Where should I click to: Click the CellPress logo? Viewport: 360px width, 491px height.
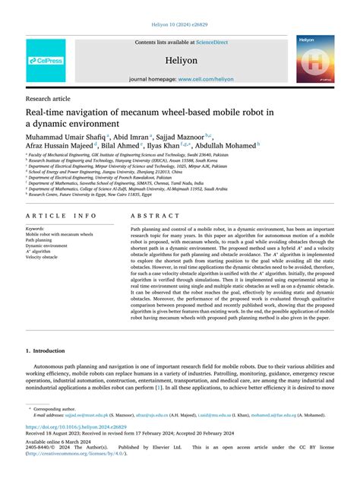coord(46,59)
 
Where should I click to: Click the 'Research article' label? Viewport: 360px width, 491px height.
coord(49,99)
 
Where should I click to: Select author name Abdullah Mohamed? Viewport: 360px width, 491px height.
coord(227,144)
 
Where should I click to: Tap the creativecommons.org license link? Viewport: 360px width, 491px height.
coord(77,454)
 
